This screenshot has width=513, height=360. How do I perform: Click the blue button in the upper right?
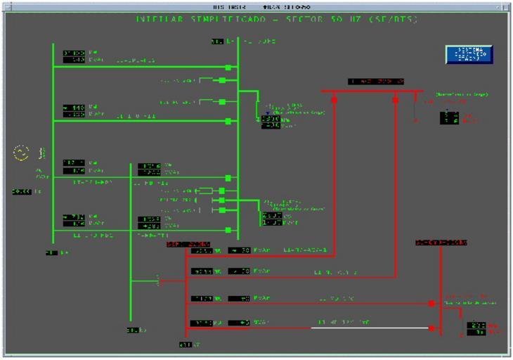(x=469, y=55)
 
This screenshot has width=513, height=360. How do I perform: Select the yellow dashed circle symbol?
(x=20, y=153)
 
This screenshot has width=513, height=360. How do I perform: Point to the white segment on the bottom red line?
(x=370, y=328)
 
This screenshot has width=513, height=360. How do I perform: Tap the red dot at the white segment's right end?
(x=432, y=328)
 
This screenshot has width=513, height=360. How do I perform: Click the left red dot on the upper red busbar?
(x=334, y=100)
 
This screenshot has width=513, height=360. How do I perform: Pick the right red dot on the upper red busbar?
(x=396, y=100)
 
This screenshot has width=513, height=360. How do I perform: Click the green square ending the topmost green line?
(x=228, y=67)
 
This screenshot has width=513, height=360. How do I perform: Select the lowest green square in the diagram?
(x=228, y=230)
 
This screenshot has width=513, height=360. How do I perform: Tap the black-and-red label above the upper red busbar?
(x=376, y=82)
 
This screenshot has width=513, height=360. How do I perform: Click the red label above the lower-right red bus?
(x=440, y=243)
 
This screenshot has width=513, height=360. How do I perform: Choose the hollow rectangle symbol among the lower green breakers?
(x=205, y=191)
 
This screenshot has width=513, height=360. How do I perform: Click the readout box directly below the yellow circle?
(x=23, y=191)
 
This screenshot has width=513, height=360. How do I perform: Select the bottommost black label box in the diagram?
(x=185, y=345)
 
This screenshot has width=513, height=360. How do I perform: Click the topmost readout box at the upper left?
(x=74, y=53)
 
